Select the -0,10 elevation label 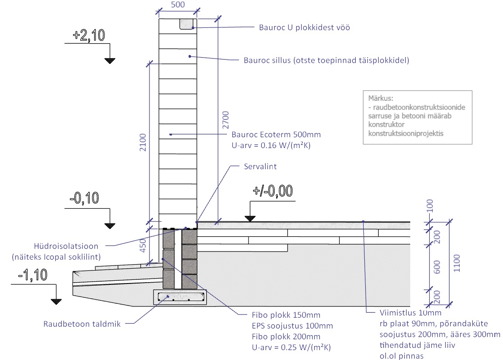tap(84, 198)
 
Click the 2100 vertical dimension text tap(142, 143)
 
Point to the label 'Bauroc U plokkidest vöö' tap(304, 27)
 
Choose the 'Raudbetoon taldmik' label tap(82, 324)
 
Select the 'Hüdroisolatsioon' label tap(66, 246)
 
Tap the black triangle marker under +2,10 tap(109, 60)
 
